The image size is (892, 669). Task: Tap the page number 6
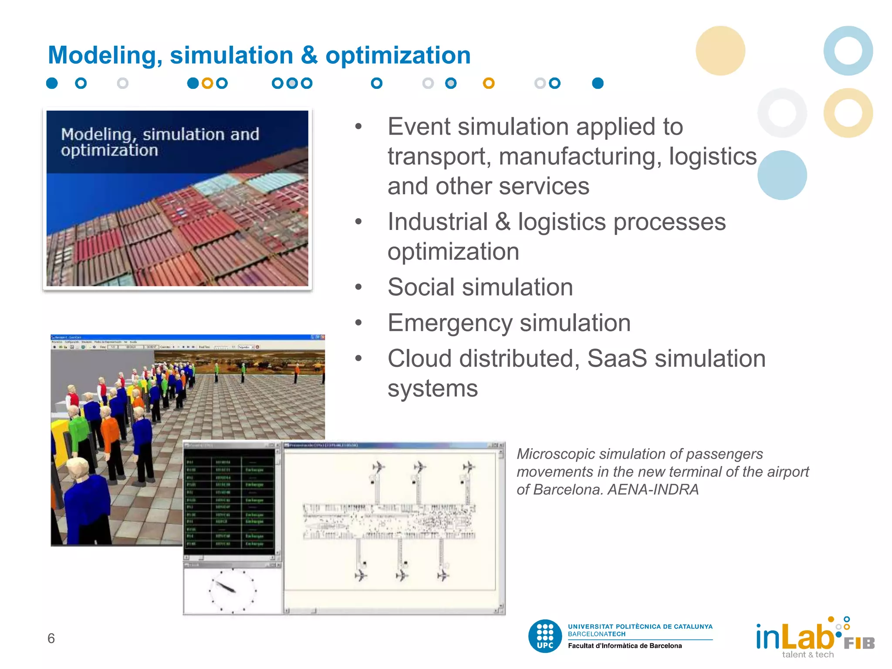pos(51,638)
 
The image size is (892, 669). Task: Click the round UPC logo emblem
pos(545,636)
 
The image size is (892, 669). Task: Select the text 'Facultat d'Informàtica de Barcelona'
pos(625,646)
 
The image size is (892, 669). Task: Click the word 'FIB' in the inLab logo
pos(859,643)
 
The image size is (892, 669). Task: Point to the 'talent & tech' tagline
pos(808,655)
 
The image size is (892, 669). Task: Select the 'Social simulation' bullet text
pos(480,287)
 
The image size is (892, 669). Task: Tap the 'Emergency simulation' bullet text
pos(509,323)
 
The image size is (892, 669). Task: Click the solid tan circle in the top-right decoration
pos(720,51)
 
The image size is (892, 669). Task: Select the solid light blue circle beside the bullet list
pos(782,175)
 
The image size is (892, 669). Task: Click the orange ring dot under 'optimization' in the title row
pos(489,83)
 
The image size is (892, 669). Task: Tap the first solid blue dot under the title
pos(52,83)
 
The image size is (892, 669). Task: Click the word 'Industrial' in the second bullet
pos(437,222)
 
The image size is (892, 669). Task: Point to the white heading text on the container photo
pos(159,142)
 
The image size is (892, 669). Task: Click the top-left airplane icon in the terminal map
pos(378,467)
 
